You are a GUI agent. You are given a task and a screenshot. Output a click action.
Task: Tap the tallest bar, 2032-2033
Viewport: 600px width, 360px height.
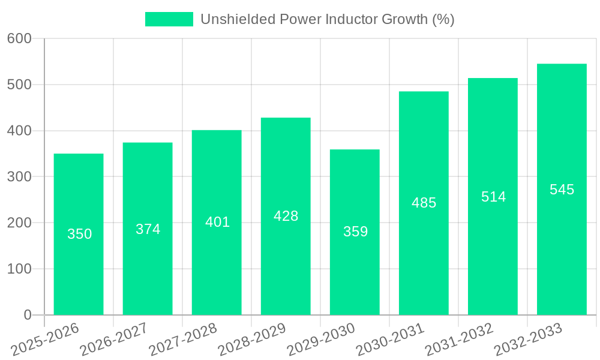click(562, 252)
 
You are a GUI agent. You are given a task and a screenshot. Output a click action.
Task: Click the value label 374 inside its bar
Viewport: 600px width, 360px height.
click(148, 229)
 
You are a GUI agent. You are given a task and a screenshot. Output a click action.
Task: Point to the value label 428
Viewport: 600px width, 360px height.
click(286, 216)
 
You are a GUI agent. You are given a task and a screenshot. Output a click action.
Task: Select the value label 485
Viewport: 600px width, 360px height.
click(424, 203)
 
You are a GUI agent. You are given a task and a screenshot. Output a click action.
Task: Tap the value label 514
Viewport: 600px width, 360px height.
click(493, 197)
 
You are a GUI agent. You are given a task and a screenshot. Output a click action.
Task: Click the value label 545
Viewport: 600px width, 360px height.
click(562, 190)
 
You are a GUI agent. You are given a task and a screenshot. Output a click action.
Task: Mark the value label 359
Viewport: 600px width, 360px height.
click(355, 232)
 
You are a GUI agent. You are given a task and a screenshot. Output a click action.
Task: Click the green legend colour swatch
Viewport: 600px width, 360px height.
click(169, 19)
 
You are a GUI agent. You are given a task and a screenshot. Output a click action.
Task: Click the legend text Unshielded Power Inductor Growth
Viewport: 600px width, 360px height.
click(327, 19)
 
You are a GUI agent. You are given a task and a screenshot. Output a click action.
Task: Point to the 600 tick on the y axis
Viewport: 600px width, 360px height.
click(19, 38)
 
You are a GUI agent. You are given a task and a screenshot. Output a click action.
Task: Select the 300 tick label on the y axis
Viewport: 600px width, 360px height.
click(19, 176)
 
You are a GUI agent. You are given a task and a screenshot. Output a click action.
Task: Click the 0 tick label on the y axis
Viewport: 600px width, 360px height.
click(28, 315)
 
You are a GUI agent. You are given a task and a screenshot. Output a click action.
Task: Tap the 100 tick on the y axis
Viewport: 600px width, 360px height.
click(19, 269)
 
